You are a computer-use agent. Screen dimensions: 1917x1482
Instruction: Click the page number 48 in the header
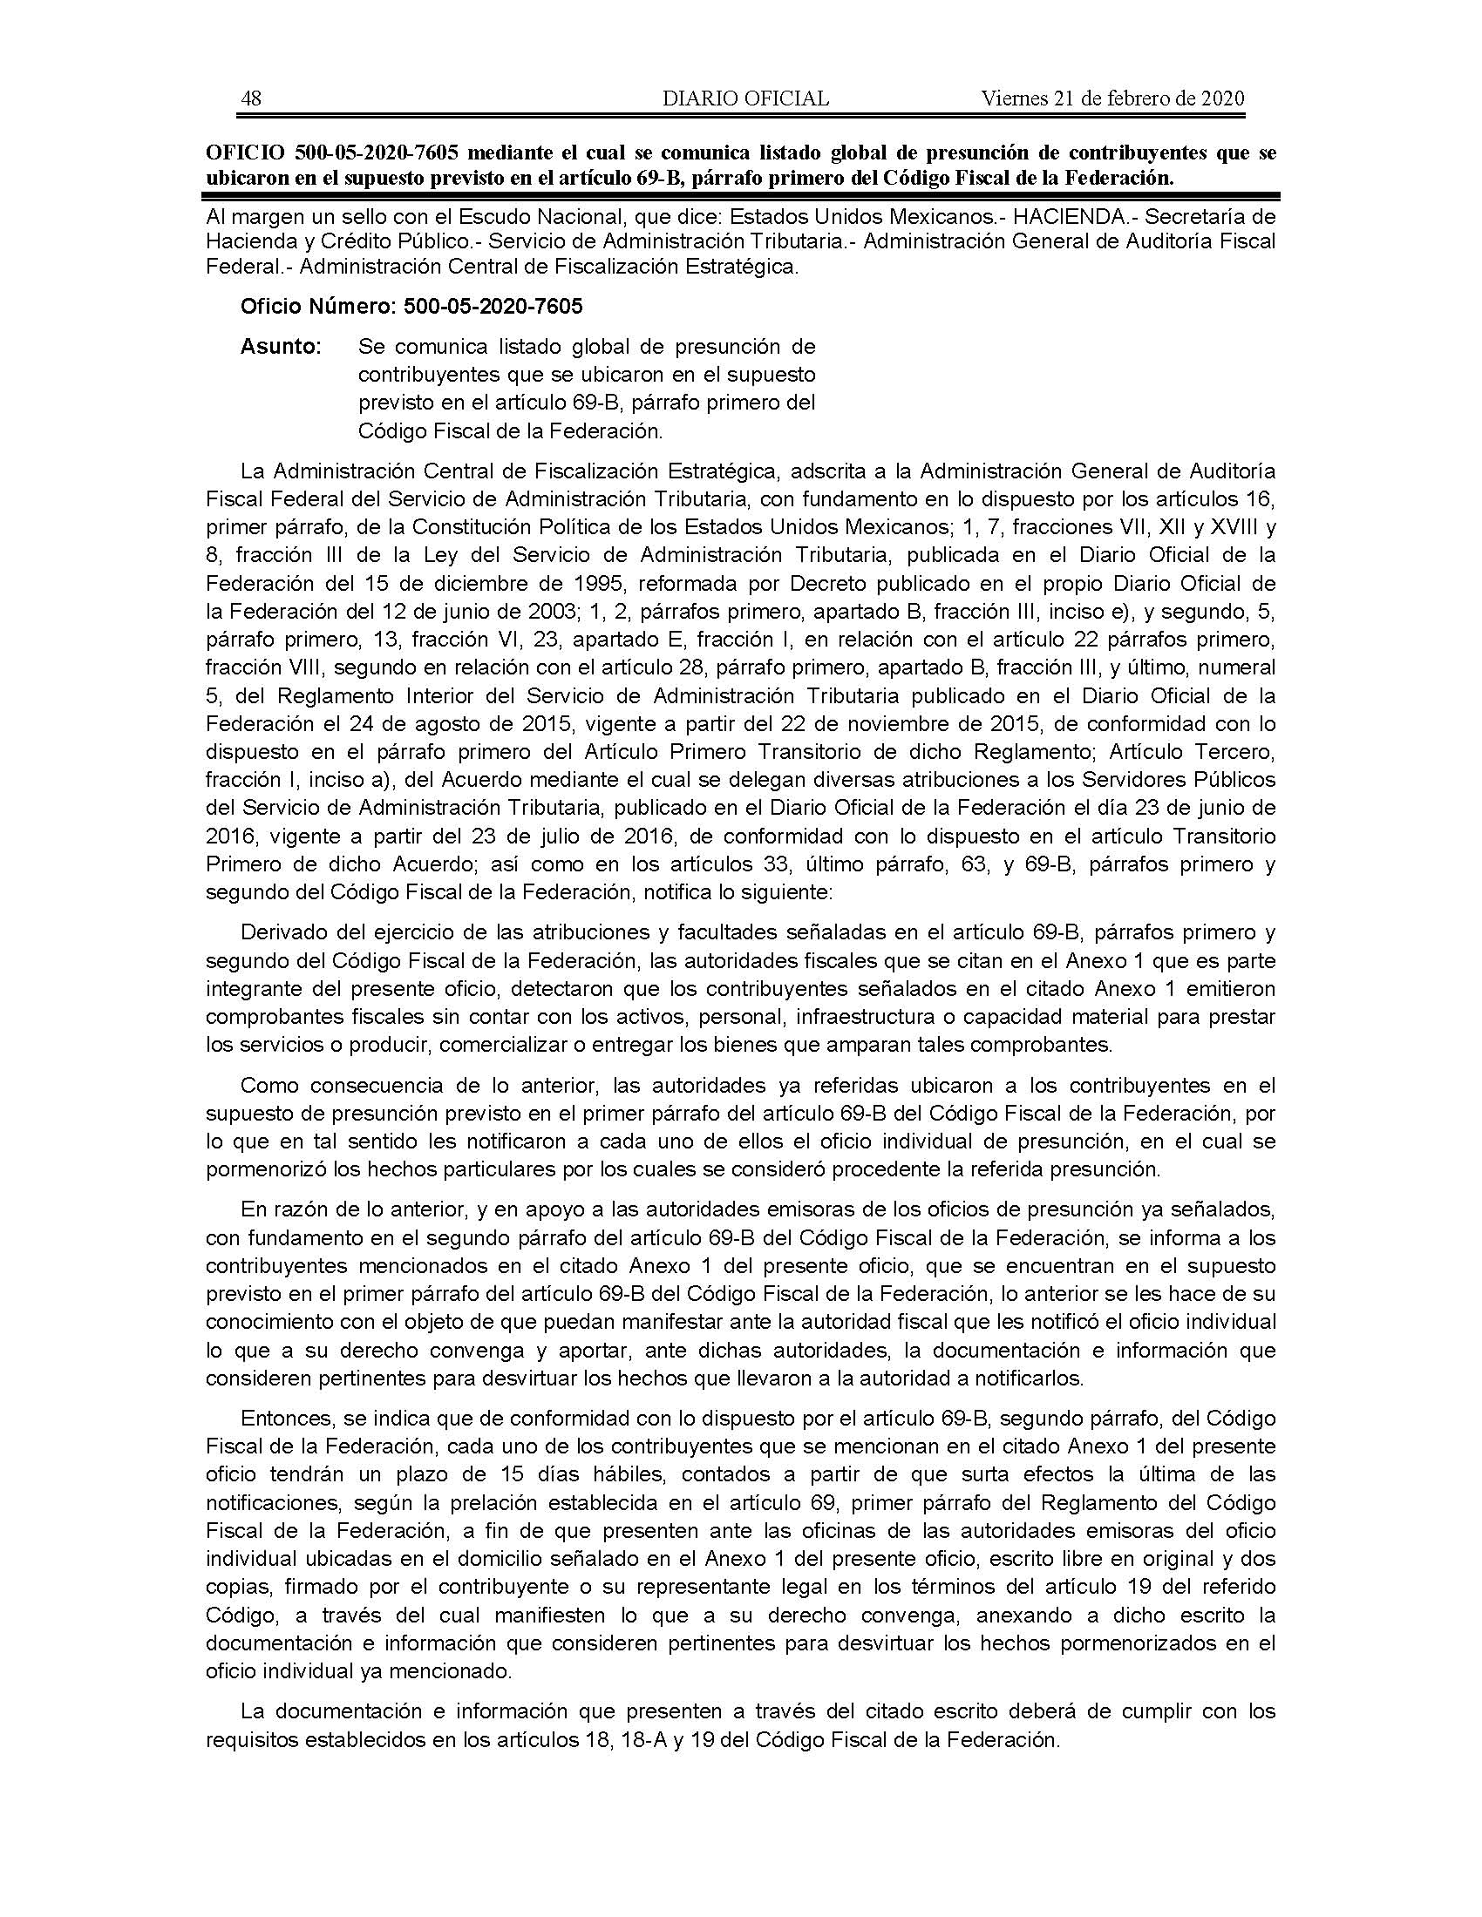pos(251,98)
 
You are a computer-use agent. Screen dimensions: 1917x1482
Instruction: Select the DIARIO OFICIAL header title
pos(745,98)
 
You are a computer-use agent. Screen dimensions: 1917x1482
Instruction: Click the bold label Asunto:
pos(281,347)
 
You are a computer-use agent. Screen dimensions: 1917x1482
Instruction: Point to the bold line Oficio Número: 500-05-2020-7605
pos(411,307)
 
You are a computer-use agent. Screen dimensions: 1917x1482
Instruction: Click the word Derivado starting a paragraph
pos(281,932)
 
